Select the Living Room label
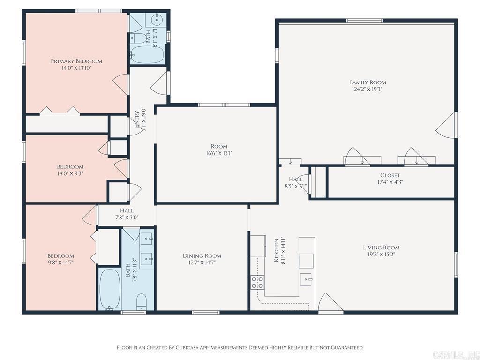pyautogui.click(x=381, y=247)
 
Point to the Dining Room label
pyautogui.click(x=202, y=256)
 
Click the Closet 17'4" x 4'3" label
pyautogui.click(x=390, y=179)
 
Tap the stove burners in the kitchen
pyautogui.click(x=257, y=282)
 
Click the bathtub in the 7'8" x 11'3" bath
pyautogui.click(x=110, y=289)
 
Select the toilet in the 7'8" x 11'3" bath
pyautogui.click(x=142, y=302)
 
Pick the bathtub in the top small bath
pyautogui.click(x=147, y=55)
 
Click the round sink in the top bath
pyautogui.click(x=157, y=20)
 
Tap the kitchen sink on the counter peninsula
pyautogui.click(x=306, y=279)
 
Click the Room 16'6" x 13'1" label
pyautogui.click(x=219, y=150)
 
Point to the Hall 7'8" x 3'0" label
pyautogui.click(x=127, y=214)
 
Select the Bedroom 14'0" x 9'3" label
pyautogui.click(x=70, y=170)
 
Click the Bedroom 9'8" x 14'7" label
pyautogui.click(x=60, y=259)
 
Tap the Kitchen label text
pyautogui.click(x=277, y=250)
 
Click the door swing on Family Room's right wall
pyautogui.click(x=447, y=125)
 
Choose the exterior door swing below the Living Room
pyautogui.click(x=330, y=302)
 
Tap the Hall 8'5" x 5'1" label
pyautogui.click(x=296, y=183)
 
